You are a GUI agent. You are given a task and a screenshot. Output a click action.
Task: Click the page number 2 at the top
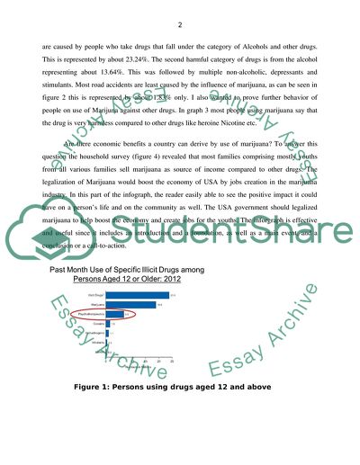(x=180, y=24)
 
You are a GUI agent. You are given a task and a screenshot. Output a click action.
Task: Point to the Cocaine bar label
(x=97, y=324)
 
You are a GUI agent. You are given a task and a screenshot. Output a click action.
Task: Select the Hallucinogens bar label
(x=93, y=334)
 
